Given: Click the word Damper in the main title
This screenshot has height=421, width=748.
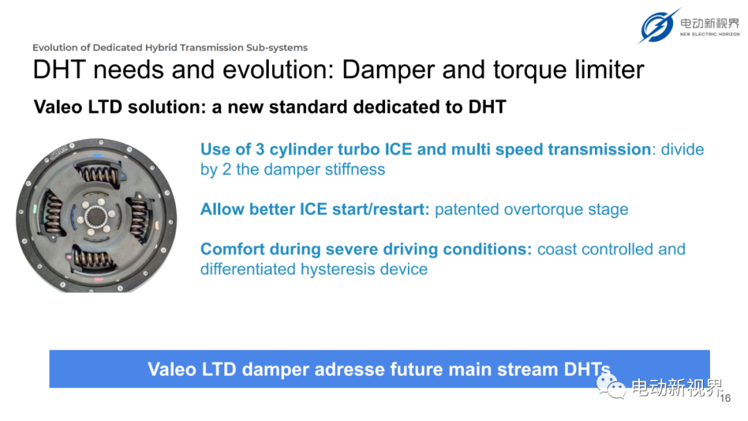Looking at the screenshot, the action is [388, 71].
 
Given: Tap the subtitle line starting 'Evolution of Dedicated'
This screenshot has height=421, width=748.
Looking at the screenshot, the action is [170, 48].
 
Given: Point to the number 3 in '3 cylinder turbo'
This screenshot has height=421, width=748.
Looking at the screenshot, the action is [260, 150].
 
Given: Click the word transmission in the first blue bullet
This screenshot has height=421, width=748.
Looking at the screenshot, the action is [598, 150].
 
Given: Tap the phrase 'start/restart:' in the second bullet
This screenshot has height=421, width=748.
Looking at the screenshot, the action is [381, 209].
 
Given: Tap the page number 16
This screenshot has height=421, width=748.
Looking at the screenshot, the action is [725, 398].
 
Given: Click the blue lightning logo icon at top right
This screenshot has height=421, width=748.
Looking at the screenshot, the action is [659, 26].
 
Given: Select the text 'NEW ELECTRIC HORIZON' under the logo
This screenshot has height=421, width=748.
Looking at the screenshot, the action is [710, 35].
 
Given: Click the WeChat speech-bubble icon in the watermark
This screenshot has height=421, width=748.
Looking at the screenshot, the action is [611, 386].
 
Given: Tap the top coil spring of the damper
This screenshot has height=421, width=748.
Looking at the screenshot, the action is [100, 174].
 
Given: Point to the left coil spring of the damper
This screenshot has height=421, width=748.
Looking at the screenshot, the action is [53, 214].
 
